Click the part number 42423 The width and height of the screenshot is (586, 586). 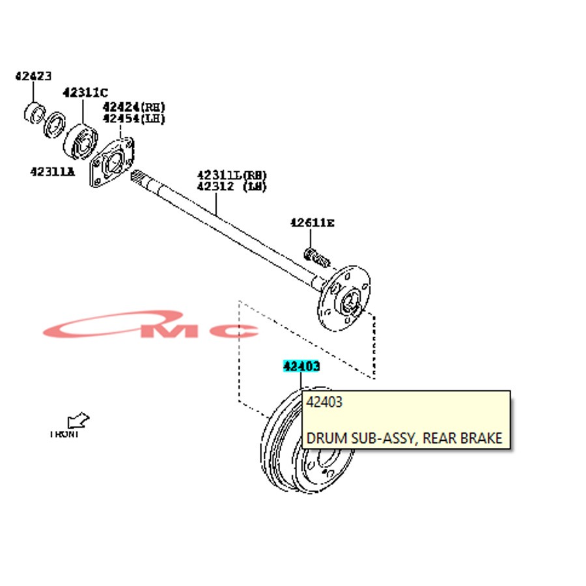click(x=33, y=76)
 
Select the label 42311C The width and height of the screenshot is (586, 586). click(x=85, y=92)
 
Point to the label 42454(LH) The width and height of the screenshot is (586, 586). click(x=133, y=119)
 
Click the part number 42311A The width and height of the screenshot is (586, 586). click(x=52, y=171)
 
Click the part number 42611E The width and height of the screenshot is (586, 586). click(x=312, y=223)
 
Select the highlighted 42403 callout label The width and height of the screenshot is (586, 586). click(x=301, y=367)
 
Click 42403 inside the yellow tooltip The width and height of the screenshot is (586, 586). click(x=324, y=402)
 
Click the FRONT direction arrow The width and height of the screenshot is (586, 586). click(x=78, y=421)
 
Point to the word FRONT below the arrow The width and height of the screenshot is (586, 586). click(x=64, y=434)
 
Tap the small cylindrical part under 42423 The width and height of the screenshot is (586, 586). click(x=33, y=113)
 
